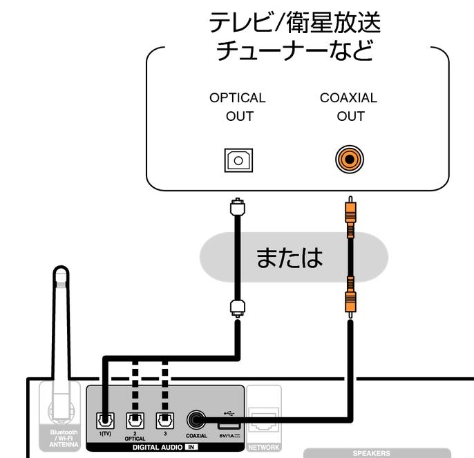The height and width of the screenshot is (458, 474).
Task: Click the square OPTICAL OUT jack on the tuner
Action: tap(238, 160)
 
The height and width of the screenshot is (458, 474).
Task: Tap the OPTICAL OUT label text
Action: tap(238, 106)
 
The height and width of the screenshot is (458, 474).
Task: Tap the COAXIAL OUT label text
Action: tap(349, 106)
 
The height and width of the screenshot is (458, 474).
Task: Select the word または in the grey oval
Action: tap(290, 258)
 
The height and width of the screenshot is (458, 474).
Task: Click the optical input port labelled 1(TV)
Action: tap(104, 420)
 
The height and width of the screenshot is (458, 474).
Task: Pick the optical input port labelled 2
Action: tap(135, 420)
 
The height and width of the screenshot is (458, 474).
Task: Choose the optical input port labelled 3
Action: tap(164, 420)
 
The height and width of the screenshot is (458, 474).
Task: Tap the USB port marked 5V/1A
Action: tap(226, 422)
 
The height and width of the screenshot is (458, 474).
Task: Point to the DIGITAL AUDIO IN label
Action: tap(164, 448)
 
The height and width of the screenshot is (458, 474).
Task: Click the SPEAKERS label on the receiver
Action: tap(372, 454)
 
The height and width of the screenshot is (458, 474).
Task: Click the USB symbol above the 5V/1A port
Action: tap(226, 406)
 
